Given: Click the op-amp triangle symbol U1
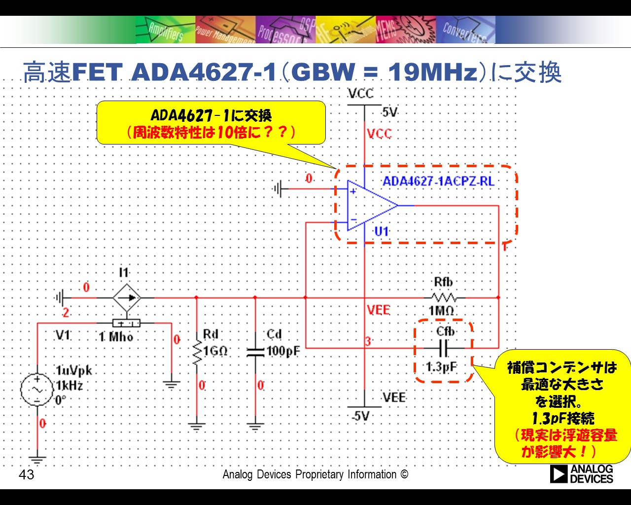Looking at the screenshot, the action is point(372,206).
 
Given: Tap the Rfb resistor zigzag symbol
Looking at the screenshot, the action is point(444,298).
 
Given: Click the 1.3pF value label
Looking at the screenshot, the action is point(442,367).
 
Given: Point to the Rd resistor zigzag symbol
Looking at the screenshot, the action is point(197,353).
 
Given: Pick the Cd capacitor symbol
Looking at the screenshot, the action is point(255,353).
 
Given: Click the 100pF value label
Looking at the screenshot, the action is point(283,351).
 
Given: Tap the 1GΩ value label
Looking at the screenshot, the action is point(215,351).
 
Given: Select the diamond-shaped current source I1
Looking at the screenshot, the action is point(127,298).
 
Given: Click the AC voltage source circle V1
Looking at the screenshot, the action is point(37,390).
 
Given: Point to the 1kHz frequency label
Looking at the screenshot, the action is point(70,385).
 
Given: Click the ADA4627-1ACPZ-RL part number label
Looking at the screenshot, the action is point(439,181).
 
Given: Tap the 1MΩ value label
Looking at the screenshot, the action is point(441,311).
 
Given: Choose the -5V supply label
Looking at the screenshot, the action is point(361,416).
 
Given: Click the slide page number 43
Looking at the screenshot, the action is point(27,475).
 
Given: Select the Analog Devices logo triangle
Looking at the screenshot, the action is point(559,474).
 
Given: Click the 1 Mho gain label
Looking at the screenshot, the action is point(116,337).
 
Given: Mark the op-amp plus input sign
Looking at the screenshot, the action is point(353,192).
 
